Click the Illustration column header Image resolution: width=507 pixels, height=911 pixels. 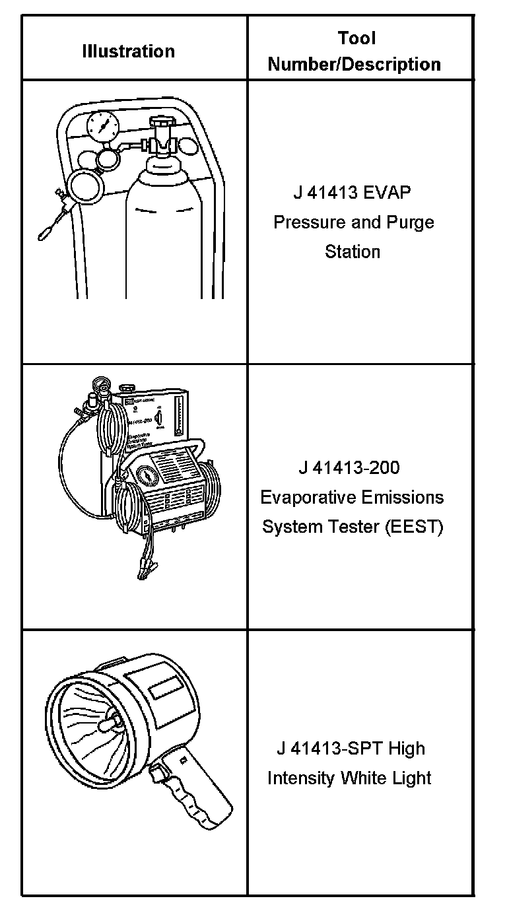(128, 51)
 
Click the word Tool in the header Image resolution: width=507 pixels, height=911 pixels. (356, 38)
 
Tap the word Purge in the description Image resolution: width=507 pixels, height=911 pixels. (410, 222)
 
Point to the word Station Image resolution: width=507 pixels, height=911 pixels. (353, 252)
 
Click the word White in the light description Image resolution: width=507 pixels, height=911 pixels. (363, 778)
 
